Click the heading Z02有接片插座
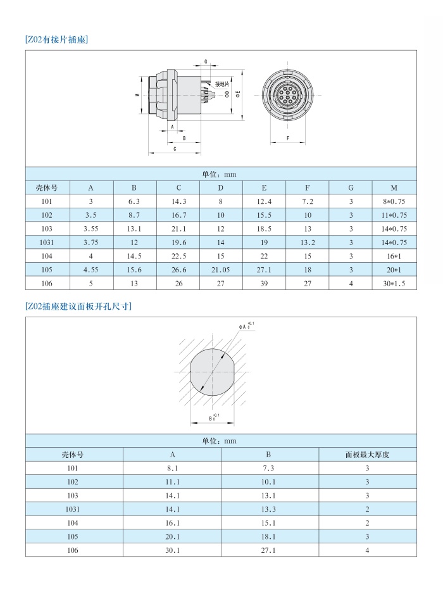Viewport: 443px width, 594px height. (x=56, y=39)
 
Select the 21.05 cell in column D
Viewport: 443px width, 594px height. (x=221, y=269)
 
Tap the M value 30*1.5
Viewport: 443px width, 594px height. (x=394, y=283)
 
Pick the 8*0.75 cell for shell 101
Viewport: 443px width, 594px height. (x=394, y=201)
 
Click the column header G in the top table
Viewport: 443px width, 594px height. (x=351, y=187)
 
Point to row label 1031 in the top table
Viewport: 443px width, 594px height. (x=46, y=242)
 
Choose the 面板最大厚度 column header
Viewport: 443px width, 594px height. (x=368, y=454)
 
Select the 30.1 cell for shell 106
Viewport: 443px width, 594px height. (x=172, y=551)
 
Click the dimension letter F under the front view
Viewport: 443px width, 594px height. (x=288, y=137)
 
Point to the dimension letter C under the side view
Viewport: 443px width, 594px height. (x=175, y=149)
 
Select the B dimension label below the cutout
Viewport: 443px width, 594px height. (x=211, y=418)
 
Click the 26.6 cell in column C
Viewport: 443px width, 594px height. (x=178, y=269)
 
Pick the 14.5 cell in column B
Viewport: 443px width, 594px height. (x=135, y=256)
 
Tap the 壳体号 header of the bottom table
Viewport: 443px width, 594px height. (x=73, y=454)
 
